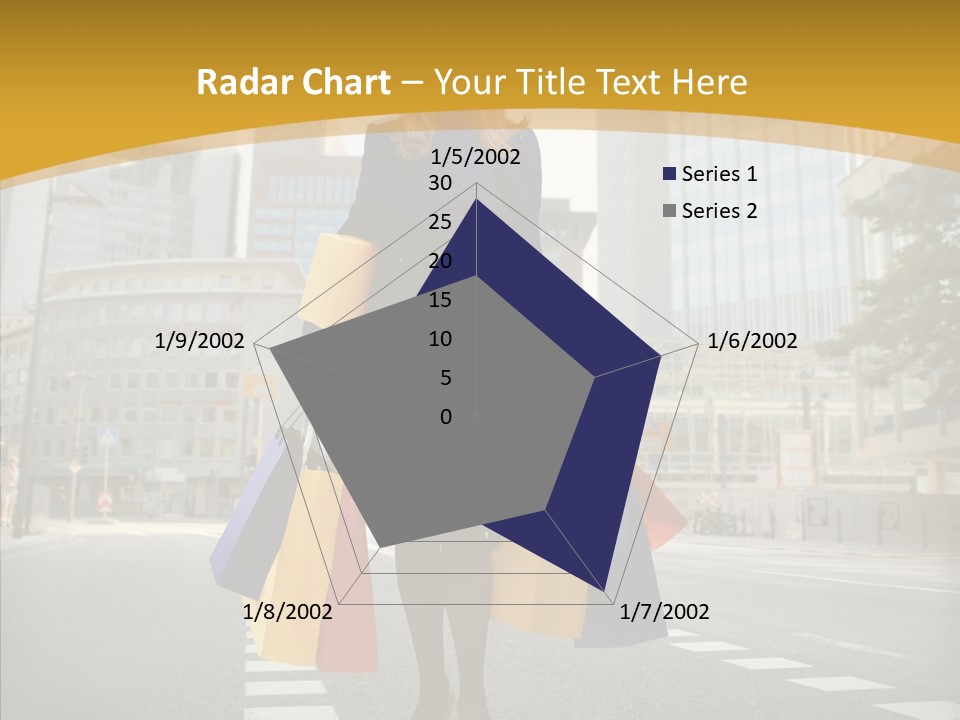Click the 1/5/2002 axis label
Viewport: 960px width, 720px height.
point(476,157)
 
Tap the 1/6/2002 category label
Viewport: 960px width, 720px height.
point(752,341)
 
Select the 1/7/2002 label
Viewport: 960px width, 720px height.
point(664,612)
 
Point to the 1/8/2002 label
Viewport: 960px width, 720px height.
point(287,612)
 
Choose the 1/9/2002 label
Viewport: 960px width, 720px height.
point(200,341)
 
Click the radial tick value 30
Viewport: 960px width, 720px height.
point(440,183)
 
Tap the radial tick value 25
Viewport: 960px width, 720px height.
point(440,222)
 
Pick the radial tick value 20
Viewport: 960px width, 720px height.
point(440,261)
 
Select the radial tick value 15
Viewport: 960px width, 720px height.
point(440,300)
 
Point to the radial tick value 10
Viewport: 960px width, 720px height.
point(440,339)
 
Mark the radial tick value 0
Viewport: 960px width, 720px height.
point(445,417)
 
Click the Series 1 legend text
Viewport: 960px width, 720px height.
point(719,174)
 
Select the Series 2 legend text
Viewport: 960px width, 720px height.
point(719,211)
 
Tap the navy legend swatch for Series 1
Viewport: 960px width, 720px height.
point(669,174)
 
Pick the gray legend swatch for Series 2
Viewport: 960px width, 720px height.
point(669,211)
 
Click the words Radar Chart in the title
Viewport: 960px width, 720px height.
point(293,83)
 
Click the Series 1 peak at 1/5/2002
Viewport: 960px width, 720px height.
point(476,201)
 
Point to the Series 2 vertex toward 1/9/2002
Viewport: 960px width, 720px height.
point(270,349)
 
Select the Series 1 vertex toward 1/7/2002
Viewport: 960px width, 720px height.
point(605,590)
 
